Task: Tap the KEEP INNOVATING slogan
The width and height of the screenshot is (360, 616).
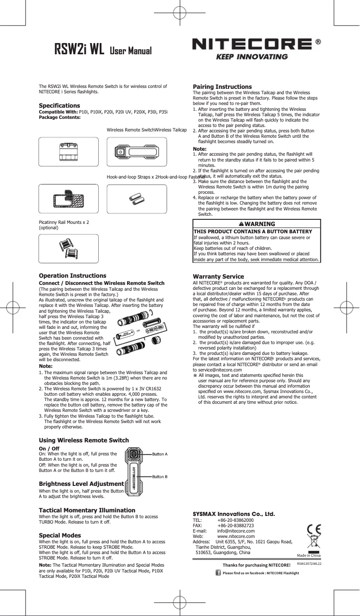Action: coord(252,57)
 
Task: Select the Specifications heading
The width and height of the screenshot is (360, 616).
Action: coord(59,105)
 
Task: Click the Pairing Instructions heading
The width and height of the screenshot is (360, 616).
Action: coord(222,87)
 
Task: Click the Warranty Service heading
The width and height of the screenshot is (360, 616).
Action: coord(218,276)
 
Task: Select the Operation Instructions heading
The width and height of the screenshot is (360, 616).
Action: coord(73,275)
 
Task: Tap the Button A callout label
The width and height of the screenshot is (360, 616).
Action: coord(160,454)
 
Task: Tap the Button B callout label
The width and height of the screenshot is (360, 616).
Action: coord(160,476)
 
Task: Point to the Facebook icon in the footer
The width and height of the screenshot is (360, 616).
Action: coord(218,572)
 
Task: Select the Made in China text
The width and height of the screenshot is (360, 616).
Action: coord(308,555)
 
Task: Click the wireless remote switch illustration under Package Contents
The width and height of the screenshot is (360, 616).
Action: coord(136,152)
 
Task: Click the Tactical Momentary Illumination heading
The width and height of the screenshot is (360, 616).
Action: coord(87,510)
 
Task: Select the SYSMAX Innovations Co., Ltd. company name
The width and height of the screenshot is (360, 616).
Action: coord(234,514)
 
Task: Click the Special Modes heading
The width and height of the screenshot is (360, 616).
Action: coord(60,535)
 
